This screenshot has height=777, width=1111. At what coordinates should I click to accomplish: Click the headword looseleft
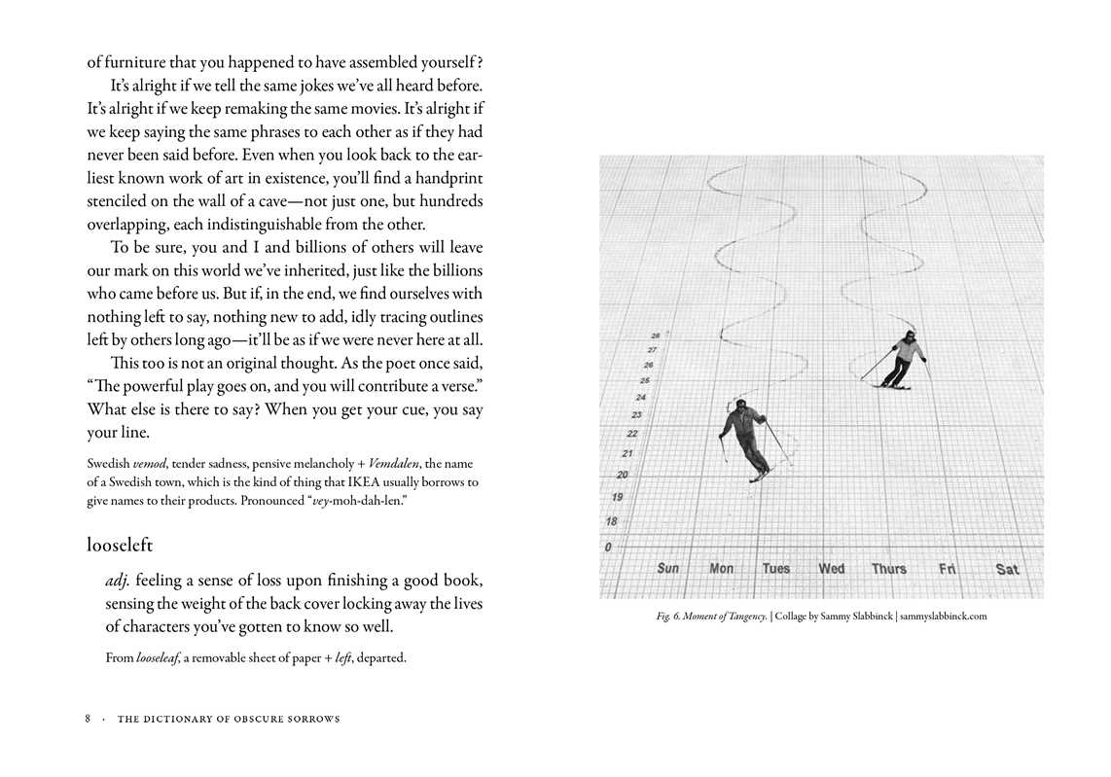click(120, 545)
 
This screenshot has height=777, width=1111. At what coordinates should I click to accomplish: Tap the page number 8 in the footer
click(88, 719)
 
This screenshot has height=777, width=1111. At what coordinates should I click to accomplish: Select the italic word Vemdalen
click(399, 463)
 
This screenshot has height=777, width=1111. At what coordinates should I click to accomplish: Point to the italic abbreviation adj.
click(118, 581)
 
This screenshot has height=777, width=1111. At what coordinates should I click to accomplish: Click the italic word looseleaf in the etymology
click(157, 657)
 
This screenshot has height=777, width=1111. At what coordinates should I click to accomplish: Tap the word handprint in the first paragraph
click(442, 179)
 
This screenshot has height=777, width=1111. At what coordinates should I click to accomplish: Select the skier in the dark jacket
click(744, 438)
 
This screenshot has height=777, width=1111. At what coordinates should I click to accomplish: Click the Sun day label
click(668, 568)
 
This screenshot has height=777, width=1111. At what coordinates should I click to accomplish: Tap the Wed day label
click(831, 568)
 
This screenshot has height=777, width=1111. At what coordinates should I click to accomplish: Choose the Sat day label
click(1007, 569)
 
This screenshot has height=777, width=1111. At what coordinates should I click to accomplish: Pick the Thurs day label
click(888, 569)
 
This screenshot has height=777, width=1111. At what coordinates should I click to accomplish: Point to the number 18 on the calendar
click(611, 521)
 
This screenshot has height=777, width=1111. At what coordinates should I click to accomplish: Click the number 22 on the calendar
click(632, 434)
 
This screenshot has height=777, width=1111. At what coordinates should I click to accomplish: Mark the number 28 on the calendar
click(655, 336)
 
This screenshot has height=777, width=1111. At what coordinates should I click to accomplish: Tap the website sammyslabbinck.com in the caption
click(943, 616)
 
